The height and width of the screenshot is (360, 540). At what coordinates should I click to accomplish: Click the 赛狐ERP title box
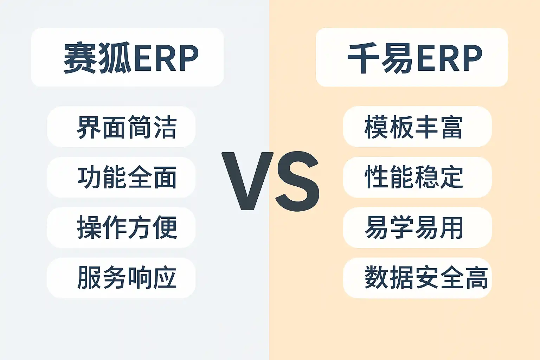click(127, 57)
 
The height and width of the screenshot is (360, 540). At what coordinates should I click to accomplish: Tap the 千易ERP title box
click(412, 57)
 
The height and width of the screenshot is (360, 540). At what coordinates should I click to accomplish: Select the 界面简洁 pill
click(121, 127)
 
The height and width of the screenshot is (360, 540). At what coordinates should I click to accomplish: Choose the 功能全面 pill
click(121, 177)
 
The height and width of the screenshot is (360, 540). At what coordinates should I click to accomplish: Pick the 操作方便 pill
click(121, 227)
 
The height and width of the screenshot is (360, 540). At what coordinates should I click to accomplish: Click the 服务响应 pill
click(121, 278)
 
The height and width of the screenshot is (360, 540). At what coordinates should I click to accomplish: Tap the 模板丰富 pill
click(417, 127)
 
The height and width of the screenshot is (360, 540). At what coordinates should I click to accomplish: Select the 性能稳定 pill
click(417, 177)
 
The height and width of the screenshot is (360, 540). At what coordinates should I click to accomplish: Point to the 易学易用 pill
click(417, 227)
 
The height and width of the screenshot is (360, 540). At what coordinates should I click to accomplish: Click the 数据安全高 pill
click(417, 278)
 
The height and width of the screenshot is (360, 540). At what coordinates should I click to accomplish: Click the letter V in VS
click(247, 181)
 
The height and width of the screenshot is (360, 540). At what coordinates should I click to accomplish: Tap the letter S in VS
click(298, 181)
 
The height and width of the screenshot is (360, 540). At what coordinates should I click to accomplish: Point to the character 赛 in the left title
click(80, 58)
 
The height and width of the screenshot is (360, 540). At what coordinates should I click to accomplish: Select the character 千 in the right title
click(363, 58)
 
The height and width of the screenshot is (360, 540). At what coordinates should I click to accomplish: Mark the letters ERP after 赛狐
click(166, 58)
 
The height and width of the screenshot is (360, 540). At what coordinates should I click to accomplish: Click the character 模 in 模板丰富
click(376, 127)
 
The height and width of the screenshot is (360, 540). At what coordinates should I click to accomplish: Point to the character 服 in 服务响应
click(89, 277)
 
